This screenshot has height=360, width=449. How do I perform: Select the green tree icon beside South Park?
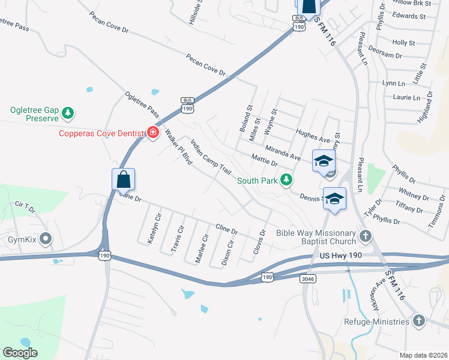click(x=288, y=179)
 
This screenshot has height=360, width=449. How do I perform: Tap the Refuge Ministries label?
click(x=377, y=322)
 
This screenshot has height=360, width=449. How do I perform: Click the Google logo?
click(x=20, y=353)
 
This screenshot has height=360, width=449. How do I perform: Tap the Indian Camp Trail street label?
click(x=211, y=157)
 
